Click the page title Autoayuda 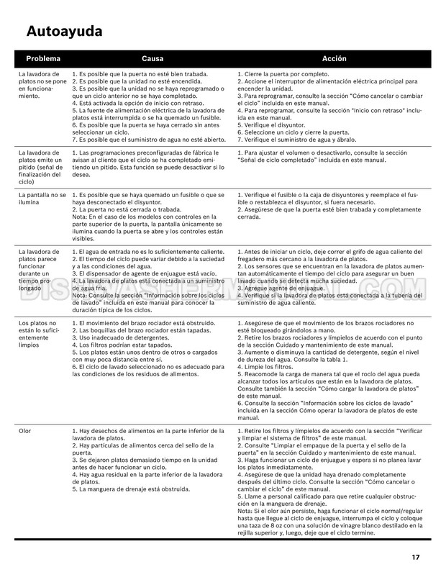(64, 31)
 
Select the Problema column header (43, 58)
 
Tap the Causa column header (152, 58)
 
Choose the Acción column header (334, 58)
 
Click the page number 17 (416, 556)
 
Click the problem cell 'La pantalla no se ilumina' (42, 199)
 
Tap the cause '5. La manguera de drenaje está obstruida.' (131, 489)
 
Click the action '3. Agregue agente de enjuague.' (281, 288)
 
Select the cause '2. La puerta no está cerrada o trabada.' (128, 209)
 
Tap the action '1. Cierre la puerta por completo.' (285, 74)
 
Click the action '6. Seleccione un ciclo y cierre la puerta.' (293, 132)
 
